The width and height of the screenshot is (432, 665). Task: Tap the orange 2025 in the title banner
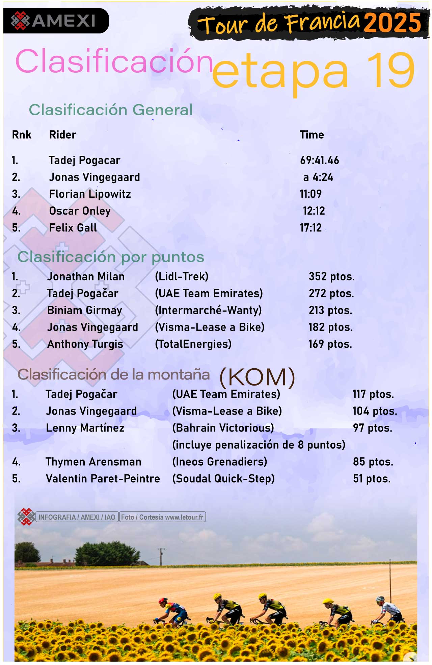coord(393,23)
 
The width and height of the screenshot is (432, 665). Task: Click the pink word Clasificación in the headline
coord(114,61)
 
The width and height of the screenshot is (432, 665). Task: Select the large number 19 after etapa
coord(390,71)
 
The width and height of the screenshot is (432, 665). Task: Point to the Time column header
coord(312,135)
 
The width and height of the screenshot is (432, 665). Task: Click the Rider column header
coord(63,135)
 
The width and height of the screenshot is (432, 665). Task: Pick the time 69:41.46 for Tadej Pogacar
coord(319,160)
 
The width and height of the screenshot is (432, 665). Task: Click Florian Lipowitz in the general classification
coord(90,194)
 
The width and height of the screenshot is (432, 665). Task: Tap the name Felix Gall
coord(73,228)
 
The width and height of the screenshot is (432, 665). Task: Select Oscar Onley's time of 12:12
coord(314,211)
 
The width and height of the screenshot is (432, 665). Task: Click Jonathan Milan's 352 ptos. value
coord(331,276)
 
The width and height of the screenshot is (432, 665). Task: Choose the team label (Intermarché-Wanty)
coord(208,310)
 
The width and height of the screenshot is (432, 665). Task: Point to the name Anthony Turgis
coord(85,344)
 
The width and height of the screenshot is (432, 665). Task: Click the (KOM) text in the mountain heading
coord(257,377)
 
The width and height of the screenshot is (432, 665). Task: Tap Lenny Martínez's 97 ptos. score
coord(372,428)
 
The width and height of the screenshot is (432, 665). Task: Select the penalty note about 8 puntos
coord(259,445)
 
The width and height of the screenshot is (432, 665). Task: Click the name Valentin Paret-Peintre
coord(103,479)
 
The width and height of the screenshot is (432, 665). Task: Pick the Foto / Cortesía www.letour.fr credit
coord(162,517)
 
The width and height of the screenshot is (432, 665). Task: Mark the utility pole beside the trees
coord(161,556)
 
